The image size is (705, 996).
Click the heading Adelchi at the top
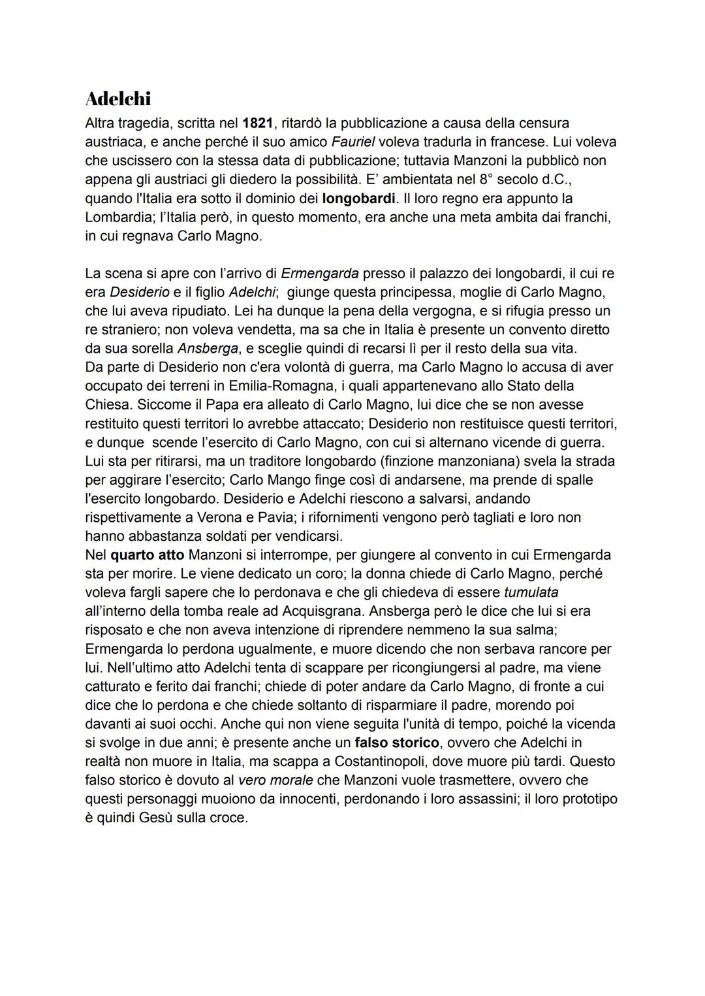(x=118, y=99)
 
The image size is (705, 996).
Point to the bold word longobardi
(x=358, y=198)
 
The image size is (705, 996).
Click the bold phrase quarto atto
(x=148, y=555)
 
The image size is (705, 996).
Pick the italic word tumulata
(x=531, y=592)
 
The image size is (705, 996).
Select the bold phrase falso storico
(x=397, y=743)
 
